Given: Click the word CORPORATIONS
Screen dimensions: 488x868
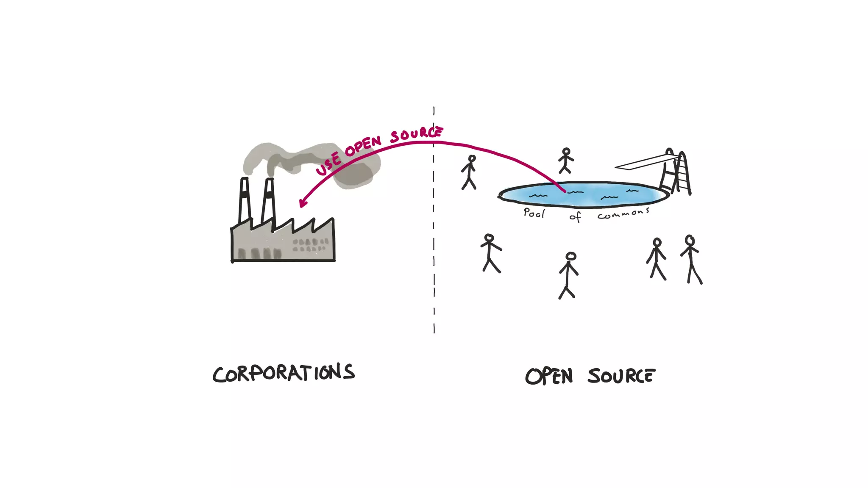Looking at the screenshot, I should (283, 373).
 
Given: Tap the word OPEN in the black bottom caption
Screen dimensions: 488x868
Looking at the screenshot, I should (549, 376).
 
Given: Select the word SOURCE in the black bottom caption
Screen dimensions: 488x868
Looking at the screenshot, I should (621, 376).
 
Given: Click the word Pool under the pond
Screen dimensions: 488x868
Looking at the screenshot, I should (534, 213).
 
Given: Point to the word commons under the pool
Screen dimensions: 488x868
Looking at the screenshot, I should (623, 214).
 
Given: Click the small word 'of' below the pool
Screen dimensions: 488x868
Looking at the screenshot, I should (575, 217).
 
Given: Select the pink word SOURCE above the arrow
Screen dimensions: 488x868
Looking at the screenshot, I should (416, 134).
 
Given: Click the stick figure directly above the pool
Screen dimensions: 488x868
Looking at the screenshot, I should (565, 161).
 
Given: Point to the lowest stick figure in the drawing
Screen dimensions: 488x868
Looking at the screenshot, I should (568, 275).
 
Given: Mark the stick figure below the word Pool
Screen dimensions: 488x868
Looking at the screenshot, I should (490, 253).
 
